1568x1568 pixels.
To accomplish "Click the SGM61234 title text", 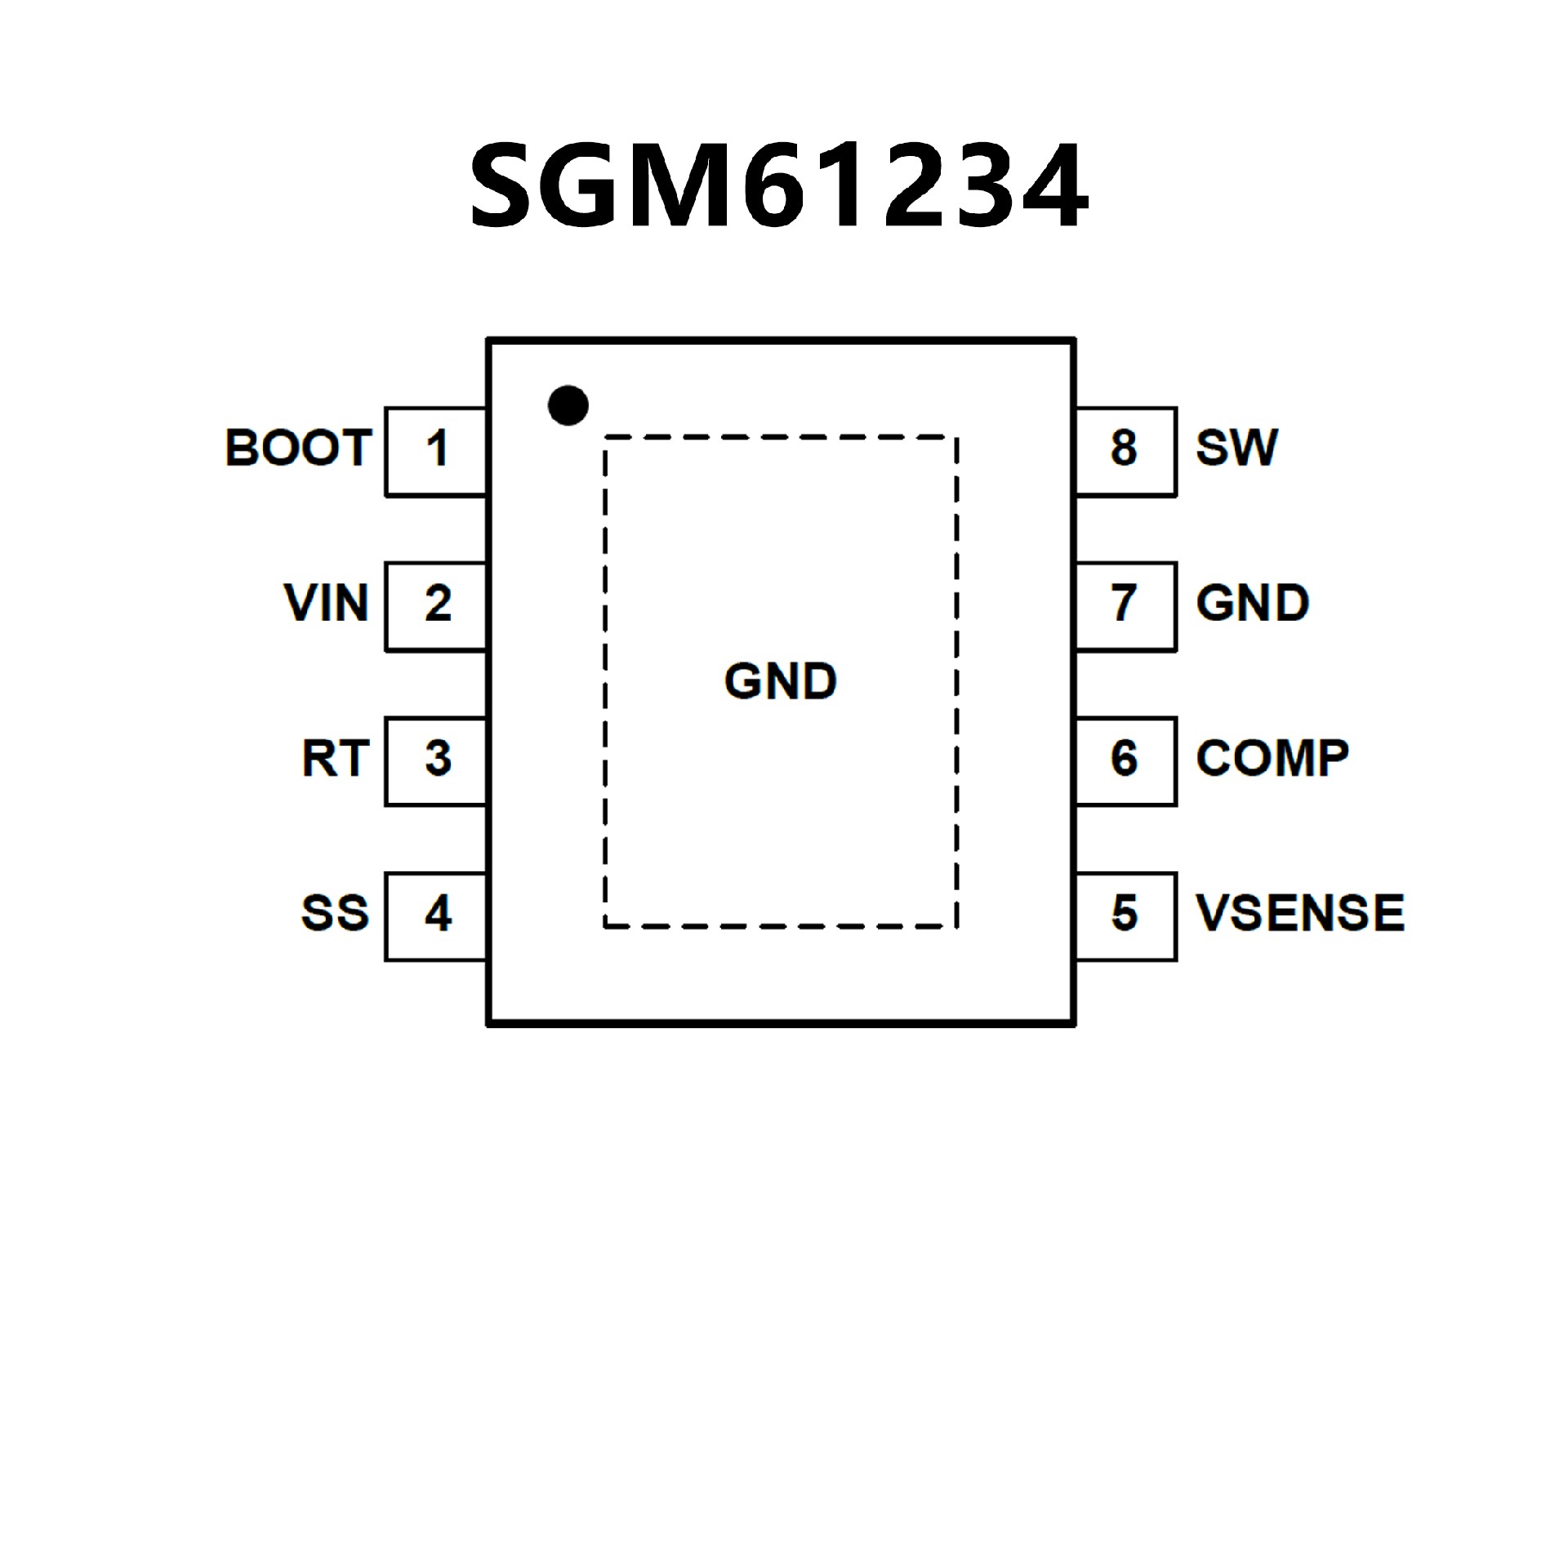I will pos(778,185).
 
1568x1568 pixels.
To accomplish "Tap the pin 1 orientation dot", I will pos(568,405).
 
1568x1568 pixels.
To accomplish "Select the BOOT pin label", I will pos(298,448).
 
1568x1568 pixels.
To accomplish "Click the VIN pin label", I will pos(326,604).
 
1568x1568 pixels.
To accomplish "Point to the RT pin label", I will pos(335,759).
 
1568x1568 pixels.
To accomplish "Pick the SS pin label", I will pos(335,913).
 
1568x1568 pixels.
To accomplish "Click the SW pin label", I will pos(1236,448).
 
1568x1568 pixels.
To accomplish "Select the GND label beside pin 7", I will pos(1252,604).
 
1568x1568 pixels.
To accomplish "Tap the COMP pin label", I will pos(1272,759).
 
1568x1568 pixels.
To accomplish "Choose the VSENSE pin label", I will pos(1299,913).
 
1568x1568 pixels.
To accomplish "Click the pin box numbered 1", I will pos(437,452).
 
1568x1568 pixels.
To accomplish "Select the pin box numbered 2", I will pos(437,607).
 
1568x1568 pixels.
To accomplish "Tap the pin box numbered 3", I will pos(437,761).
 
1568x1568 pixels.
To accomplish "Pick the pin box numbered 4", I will pos(437,916).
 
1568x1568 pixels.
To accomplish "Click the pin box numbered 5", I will pos(1125,916).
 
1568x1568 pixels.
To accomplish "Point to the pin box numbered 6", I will pos(1125,761).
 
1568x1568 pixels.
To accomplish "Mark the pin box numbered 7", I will pos(1125,607).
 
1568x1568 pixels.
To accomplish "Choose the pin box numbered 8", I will pos(1125,452).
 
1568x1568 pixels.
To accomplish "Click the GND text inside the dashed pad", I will pos(781,681).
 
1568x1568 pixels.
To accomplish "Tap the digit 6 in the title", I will pos(773,187).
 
